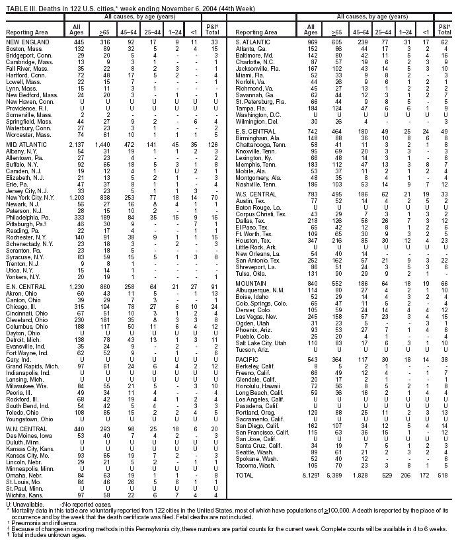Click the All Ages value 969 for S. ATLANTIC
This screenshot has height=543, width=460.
pos(311,42)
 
